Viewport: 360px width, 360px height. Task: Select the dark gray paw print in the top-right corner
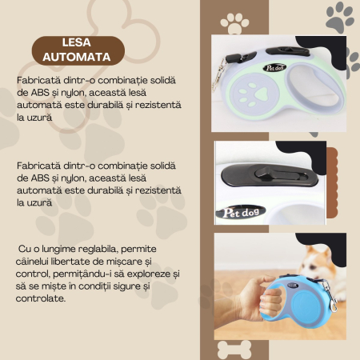coord(340,15)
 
